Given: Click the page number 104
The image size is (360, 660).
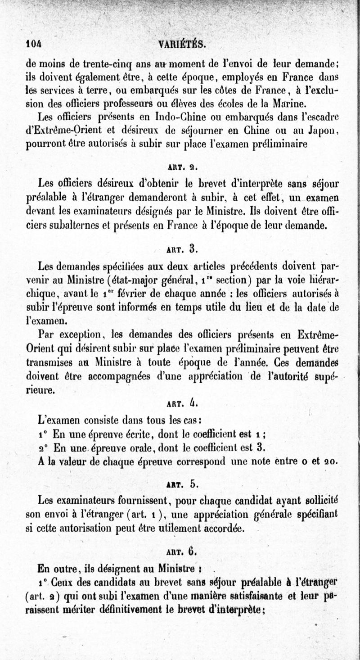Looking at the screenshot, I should pyautogui.click(x=34, y=44).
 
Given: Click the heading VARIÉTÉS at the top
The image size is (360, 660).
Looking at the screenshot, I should pyautogui.click(x=183, y=44).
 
